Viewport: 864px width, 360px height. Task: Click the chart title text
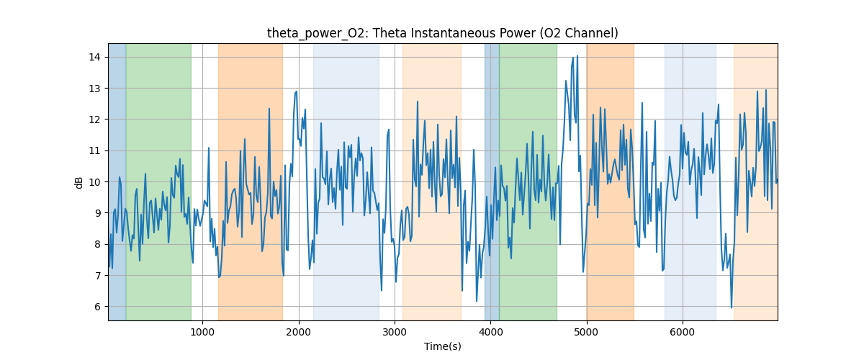pos(442,33)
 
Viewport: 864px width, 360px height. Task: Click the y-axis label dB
pos(79,182)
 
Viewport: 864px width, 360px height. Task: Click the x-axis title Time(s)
pos(442,346)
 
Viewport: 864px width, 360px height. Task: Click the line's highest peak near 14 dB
pos(574,57)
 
